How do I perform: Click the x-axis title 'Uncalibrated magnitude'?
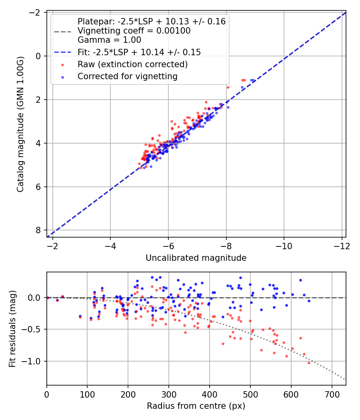(x=196, y=258)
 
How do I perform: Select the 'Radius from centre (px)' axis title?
(x=196, y=406)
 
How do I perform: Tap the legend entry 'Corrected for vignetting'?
(x=128, y=76)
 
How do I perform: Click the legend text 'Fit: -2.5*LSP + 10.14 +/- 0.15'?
(x=139, y=52)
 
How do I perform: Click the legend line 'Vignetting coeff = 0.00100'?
(x=134, y=31)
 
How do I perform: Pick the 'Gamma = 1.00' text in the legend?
(x=109, y=40)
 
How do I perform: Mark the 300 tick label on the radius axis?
(x=169, y=394)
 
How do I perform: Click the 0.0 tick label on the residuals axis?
(x=36, y=298)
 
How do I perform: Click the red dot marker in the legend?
(x=62, y=64)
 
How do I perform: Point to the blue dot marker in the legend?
(x=62, y=76)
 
